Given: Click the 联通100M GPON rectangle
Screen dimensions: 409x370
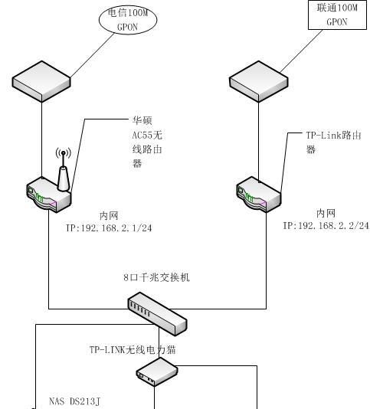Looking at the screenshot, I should coord(337,15).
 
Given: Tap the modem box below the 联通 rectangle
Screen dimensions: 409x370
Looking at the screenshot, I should coord(260,79).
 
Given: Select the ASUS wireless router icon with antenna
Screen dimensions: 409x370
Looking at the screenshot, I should coord(49,195).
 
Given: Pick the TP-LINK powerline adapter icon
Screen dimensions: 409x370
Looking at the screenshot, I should coord(156,373).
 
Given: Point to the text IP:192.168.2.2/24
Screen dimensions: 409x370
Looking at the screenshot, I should coord(326,226).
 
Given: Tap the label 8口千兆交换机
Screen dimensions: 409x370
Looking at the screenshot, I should coord(156,278).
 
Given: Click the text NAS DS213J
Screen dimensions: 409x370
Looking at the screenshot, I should coord(74,401).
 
